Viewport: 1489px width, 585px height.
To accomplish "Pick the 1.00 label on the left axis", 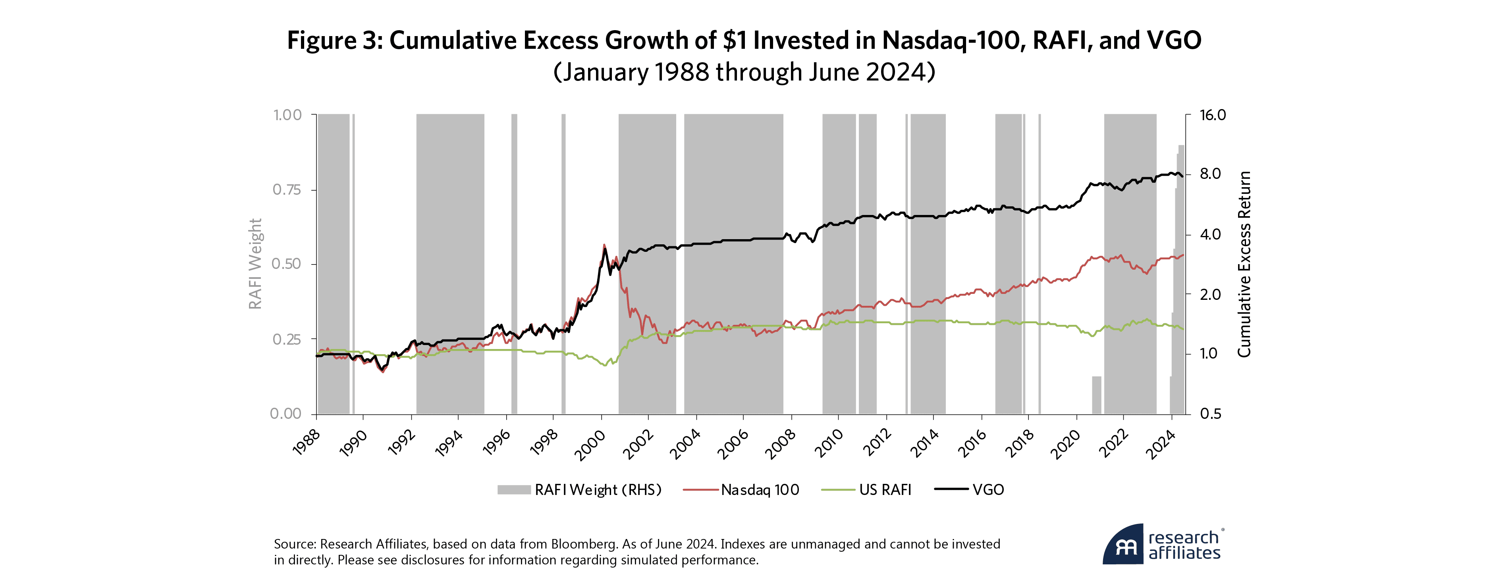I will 287,115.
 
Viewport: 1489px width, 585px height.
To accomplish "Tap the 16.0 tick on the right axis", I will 1213,115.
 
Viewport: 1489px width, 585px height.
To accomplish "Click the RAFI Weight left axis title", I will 255,264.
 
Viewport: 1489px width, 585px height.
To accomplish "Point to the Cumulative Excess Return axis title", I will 1244,264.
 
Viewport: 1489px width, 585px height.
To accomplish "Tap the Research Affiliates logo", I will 1163,544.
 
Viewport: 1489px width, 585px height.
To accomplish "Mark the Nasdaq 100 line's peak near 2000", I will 604,244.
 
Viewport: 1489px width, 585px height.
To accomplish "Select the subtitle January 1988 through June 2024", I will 744,73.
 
